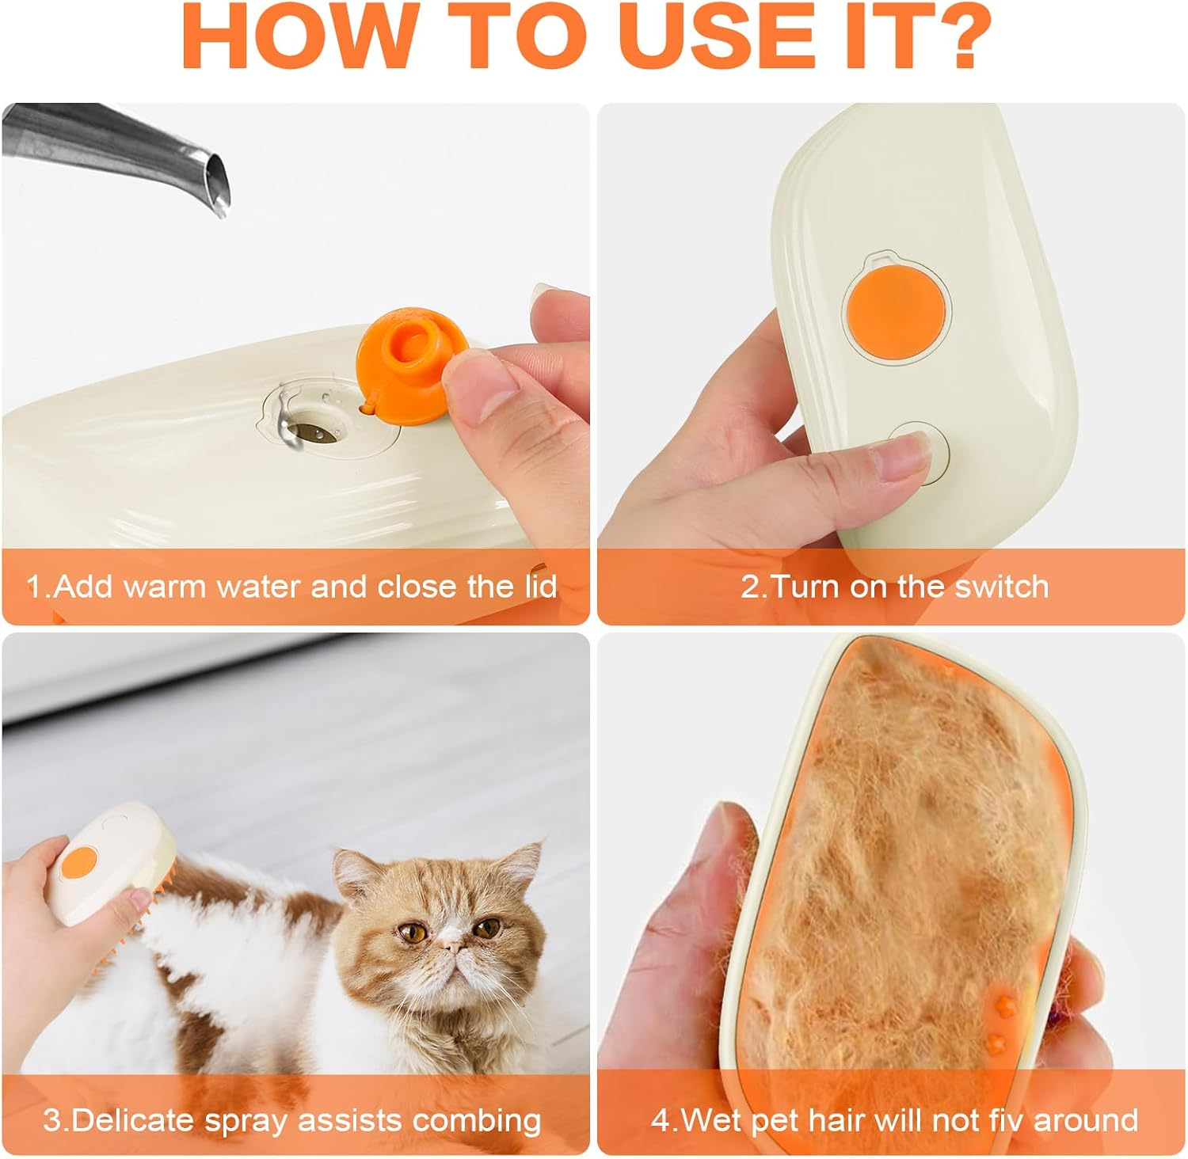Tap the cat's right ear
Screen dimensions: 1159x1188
(349, 864)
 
